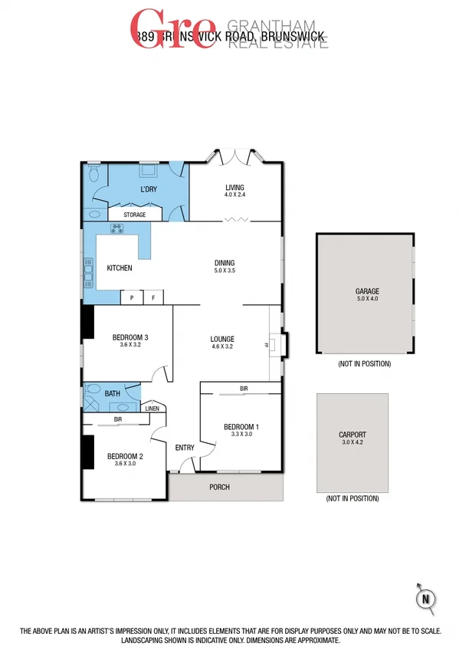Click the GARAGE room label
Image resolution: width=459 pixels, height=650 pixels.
tap(367, 291)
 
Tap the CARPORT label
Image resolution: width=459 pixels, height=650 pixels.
tap(352, 434)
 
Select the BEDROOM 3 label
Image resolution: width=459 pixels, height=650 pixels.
tap(130, 337)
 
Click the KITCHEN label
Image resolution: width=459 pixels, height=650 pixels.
tap(119, 268)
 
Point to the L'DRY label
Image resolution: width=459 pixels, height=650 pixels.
tap(149, 189)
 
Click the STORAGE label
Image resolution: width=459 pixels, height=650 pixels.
tap(134, 215)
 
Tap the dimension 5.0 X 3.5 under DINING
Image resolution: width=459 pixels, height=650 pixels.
tap(225, 271)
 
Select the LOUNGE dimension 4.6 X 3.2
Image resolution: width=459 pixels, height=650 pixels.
tap(222, 346)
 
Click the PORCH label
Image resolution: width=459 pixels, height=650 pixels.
tap(219, 487)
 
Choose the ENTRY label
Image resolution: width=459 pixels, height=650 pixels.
tap(185, 448)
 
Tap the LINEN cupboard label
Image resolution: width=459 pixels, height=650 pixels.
tap(152, 409)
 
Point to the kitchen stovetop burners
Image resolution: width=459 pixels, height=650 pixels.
tap(117, 229)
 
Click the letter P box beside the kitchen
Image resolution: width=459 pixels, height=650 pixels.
tap(132, 297)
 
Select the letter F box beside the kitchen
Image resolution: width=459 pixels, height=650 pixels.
tap(152, 297)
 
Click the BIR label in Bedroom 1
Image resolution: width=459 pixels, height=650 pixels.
tap(244, 389)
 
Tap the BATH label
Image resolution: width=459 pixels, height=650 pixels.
tap(112, 394)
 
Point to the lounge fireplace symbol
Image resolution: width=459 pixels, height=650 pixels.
tap(277, 345)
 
